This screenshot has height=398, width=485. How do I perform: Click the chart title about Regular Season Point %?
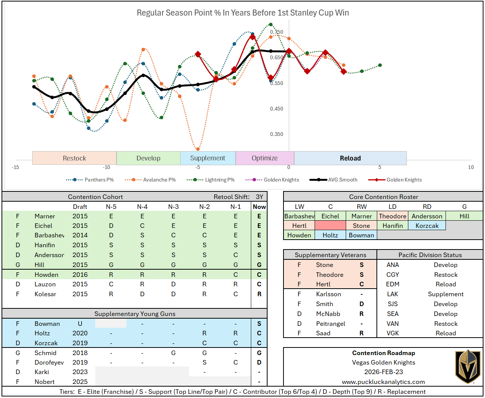243,13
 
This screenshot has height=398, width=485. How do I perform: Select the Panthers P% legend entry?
90,180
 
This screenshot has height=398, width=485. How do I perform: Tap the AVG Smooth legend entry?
334,180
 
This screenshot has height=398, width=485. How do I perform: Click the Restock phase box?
74,158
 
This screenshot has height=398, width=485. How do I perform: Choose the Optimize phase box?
265,158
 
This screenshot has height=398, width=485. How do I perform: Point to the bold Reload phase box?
350,158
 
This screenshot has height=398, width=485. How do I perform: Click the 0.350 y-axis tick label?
277,134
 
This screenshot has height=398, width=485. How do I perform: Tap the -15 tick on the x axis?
16,167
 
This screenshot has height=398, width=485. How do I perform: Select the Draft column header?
80,207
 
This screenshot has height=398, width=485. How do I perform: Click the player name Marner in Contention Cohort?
45,216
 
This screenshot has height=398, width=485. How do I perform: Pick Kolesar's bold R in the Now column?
259,294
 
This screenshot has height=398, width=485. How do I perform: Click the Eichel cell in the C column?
330,216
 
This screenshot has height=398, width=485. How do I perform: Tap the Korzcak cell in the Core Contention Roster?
427,226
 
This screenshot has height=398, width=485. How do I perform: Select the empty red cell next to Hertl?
330,226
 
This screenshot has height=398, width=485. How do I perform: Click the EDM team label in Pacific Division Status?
392,284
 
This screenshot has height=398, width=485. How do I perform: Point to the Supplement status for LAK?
446,294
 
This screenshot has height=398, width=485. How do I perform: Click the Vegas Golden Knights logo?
468,367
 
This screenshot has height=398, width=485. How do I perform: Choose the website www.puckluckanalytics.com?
383,382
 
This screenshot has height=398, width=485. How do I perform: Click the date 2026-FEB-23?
383,372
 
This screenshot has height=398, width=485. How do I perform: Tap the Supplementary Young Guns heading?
135,314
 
